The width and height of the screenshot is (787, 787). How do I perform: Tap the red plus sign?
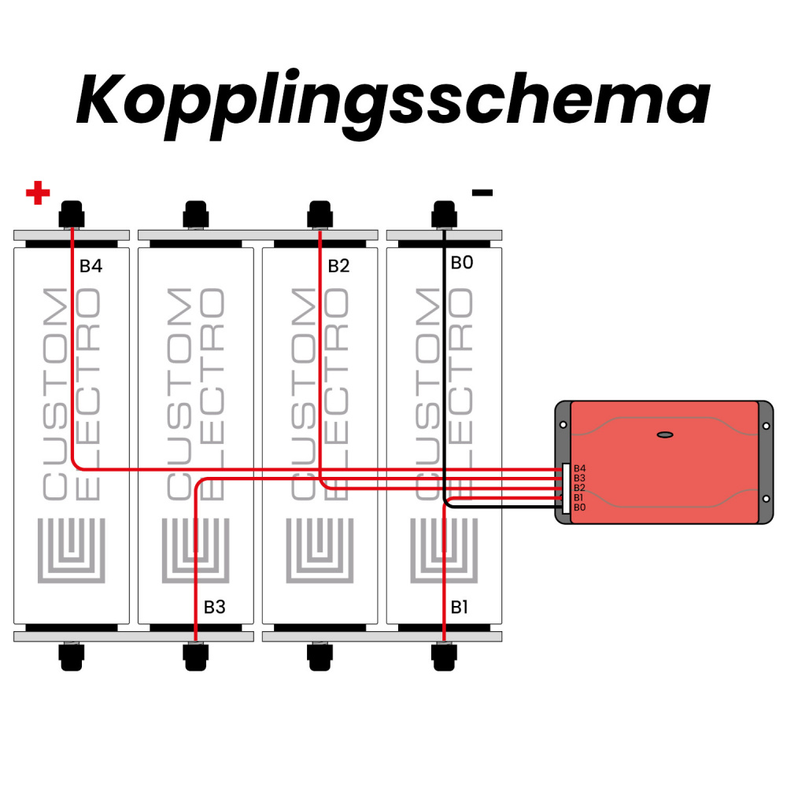coord(38,193)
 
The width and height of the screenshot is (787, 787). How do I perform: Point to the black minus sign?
coord(482,192)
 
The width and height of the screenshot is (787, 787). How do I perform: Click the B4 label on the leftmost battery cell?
coord(91,266)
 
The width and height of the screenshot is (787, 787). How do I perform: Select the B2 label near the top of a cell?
coord(338,266)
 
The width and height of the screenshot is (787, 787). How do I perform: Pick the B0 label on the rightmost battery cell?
coord(462,263)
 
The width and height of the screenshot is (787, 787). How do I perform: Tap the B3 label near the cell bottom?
coord(215,607)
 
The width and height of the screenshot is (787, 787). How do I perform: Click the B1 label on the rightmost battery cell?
coord(460,607)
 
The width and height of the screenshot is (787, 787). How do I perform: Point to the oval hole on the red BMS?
coord(665,434)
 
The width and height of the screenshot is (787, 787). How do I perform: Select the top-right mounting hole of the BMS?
coord(766,425)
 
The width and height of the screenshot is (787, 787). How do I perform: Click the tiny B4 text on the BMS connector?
coord(579,468)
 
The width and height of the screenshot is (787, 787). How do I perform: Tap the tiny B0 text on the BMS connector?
coord(579,508)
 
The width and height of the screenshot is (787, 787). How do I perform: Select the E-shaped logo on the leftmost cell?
coord(72,551)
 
